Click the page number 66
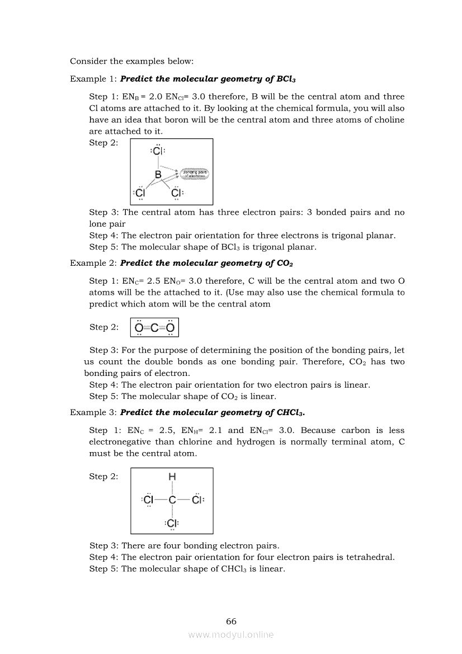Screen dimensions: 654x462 pyautogui.click(x=231, y=621)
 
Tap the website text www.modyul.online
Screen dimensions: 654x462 pyautogui.click(x=231, y=634)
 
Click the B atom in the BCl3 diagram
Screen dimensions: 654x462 pyautogui.click(x=158, y=175)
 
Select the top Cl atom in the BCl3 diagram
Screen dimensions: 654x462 pyautogui.click(x=158, y=151)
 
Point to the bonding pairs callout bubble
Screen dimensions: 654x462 pyautogui.click(x=194, y=174)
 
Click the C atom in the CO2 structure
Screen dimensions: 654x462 pyautogui.click(x=154, y=327)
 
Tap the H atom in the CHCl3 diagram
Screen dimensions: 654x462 pyautogui.click(x=172, y=477)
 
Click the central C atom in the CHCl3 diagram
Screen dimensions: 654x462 pyautogui.click(x=172, y=500)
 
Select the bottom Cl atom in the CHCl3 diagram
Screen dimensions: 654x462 pyautogui.click(x=172, y=524)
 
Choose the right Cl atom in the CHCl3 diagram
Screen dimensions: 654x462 pyautogui.click(x=197, y=500)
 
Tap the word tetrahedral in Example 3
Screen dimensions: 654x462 pyautogui.click(x=369, y=557)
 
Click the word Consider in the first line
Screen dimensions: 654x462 pyautogui.click(x=87, y=60)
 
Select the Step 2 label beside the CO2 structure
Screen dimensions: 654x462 pyautogui.click(x=103, y=327)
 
